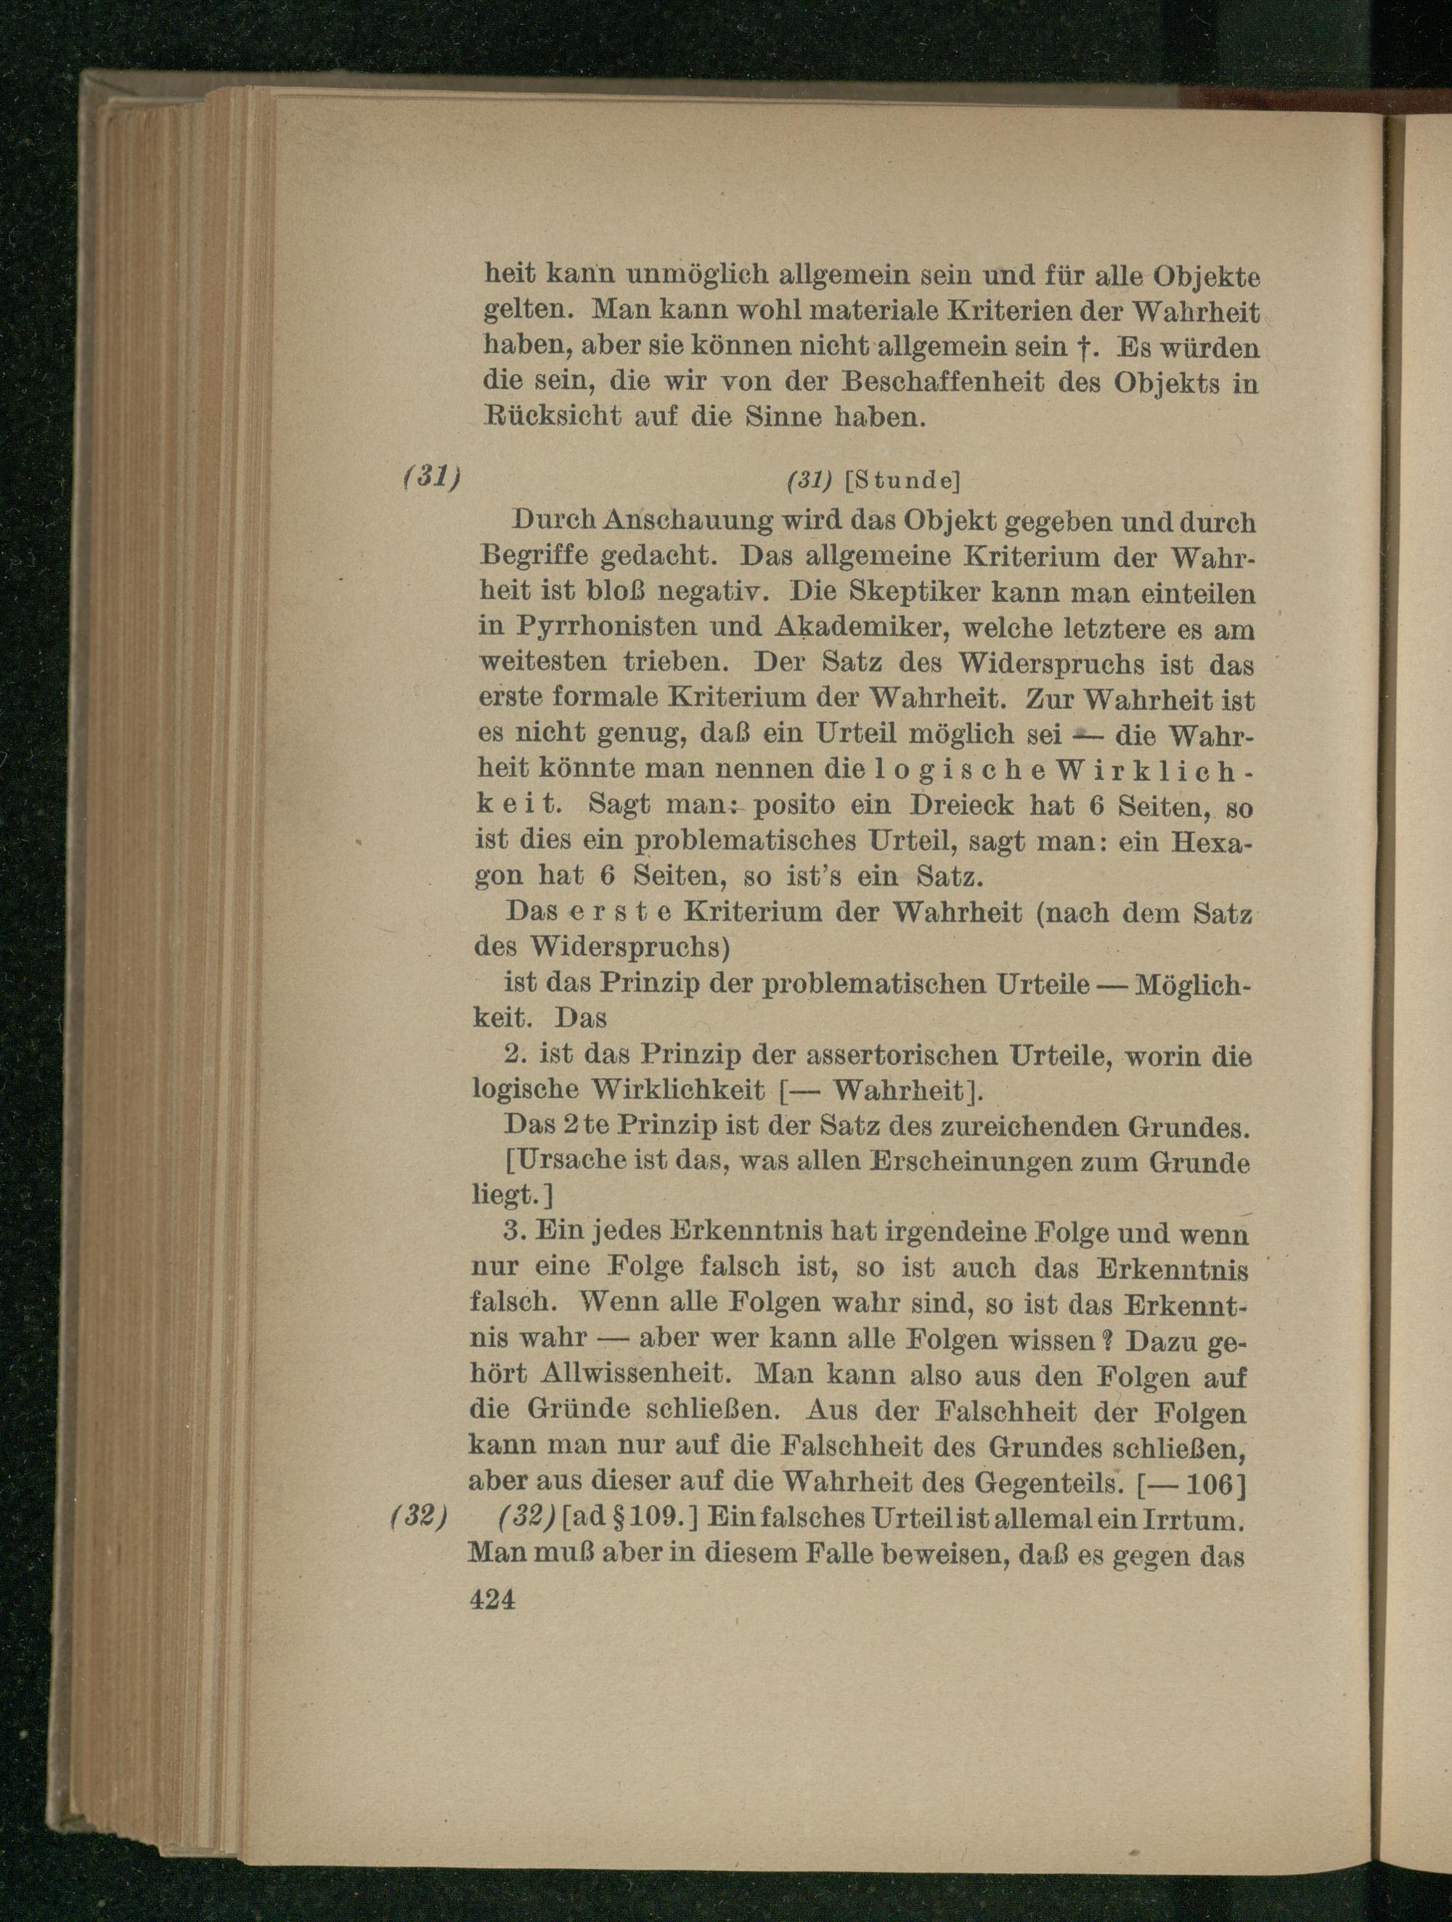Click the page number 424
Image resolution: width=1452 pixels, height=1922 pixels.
click(492, 1599)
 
